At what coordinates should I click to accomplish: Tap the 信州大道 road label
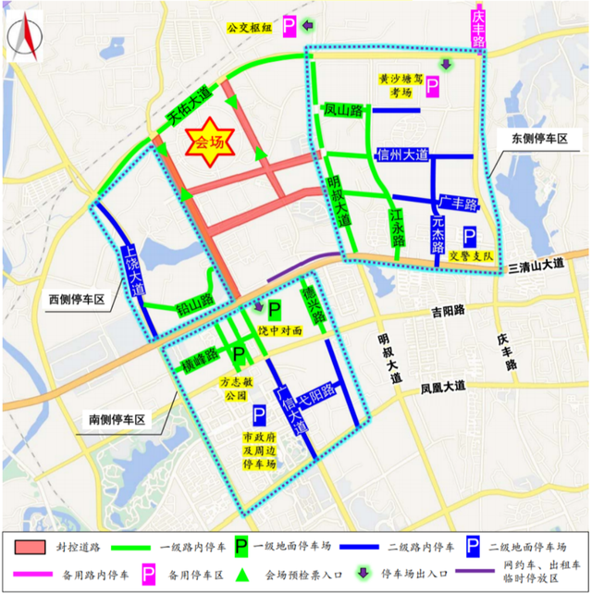[x=402, y=154]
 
